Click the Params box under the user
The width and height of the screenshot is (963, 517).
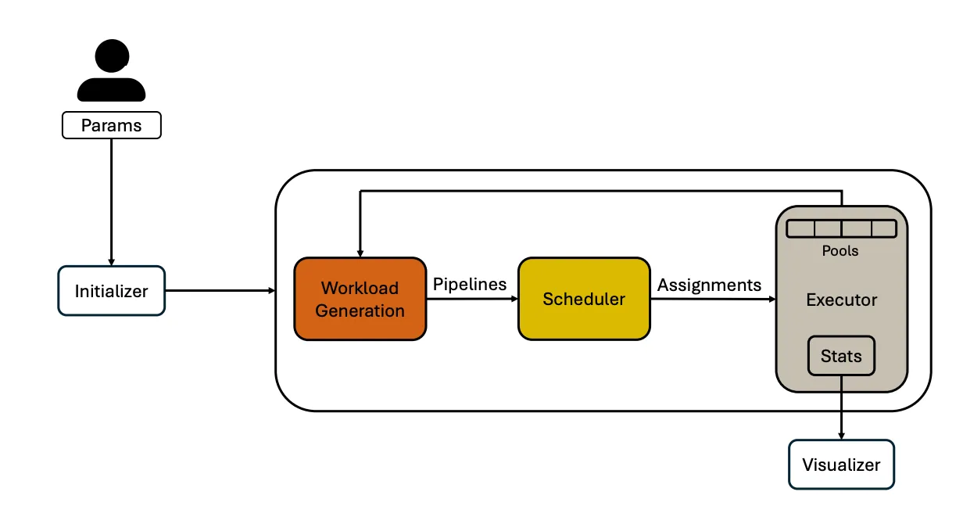pyautogui.click(x=111, y=125)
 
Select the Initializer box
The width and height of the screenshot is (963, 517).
pyautogui.click(x=111, y=291)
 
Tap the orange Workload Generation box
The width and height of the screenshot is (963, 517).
pyautogui.click(x=360, y=299)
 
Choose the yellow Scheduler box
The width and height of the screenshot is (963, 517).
pyautogui.click(x=584, y=299)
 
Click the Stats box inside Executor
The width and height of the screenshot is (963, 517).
pyautogui.click(x=841, y=357)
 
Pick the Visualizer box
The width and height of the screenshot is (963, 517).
pyautogui.click(x=841, y=465)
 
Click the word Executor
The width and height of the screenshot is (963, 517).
pyautogui.click(x=841, y=300)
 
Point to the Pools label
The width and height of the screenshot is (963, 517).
pyautogui.click(x=840, y=251)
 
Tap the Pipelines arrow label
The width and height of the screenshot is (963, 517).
pyautogui.click(x=470, y=285)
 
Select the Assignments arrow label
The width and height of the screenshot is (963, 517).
pyautogui.click(x=709, y=285)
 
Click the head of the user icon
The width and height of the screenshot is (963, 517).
pyautogui.click(x=111, y=56)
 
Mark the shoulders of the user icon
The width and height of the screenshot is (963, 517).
pyautogui.click(x=111, y=88)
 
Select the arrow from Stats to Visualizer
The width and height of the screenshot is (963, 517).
pyautogui.click(x=841, y=407)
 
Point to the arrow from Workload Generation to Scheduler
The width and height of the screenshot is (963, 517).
pyautogui.click(x=472, y=299)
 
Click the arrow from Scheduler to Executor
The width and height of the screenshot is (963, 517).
pyautogui.click(x=712, y=299)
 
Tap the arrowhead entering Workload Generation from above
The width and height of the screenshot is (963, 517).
pyautogui.click(x=360, y=253)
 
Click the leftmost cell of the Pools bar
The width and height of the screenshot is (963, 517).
pyautogui.click(x=800, y=229)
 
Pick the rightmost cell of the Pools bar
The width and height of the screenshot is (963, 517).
pyautogui.click(x=882, y=229)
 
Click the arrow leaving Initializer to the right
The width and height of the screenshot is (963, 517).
pyautogui.click(x=220, y=291)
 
